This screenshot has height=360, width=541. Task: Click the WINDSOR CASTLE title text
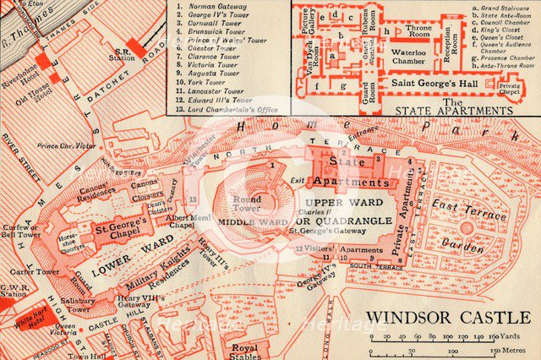(447, 320)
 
